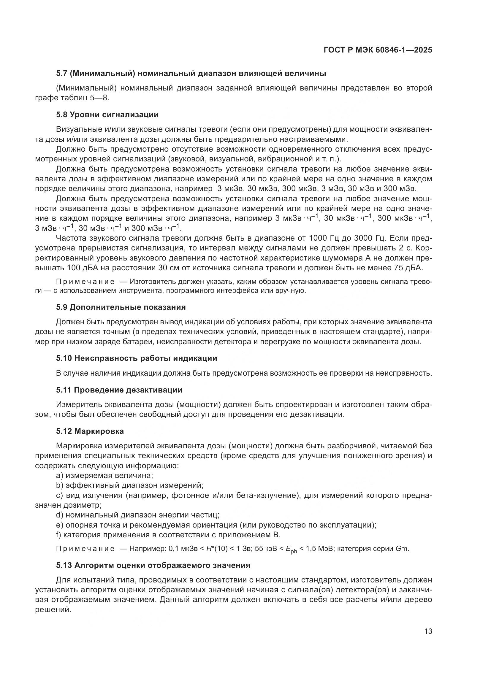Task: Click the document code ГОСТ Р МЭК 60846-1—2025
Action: pyautogui.click(x=378, y=50)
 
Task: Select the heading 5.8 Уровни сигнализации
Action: pyautogui.click(x=107, y=115)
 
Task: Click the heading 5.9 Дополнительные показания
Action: pyautogui.click(x=121, y=307)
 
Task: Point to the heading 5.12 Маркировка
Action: pyautogui.click(x=90, y=431)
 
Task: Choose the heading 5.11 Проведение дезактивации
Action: pyautogui.click(x=119, y=390)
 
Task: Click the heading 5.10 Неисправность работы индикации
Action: pyautogui.click(x=136, y=358)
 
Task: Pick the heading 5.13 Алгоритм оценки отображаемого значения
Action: pyautogui.click(x=153, y=565)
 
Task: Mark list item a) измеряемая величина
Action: pyautogui.click(x=104, y=475)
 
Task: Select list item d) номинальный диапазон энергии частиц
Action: pyautogui.click(x=137, y=515)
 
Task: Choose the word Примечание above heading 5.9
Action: pyautogui.click(x=85, y=282)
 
